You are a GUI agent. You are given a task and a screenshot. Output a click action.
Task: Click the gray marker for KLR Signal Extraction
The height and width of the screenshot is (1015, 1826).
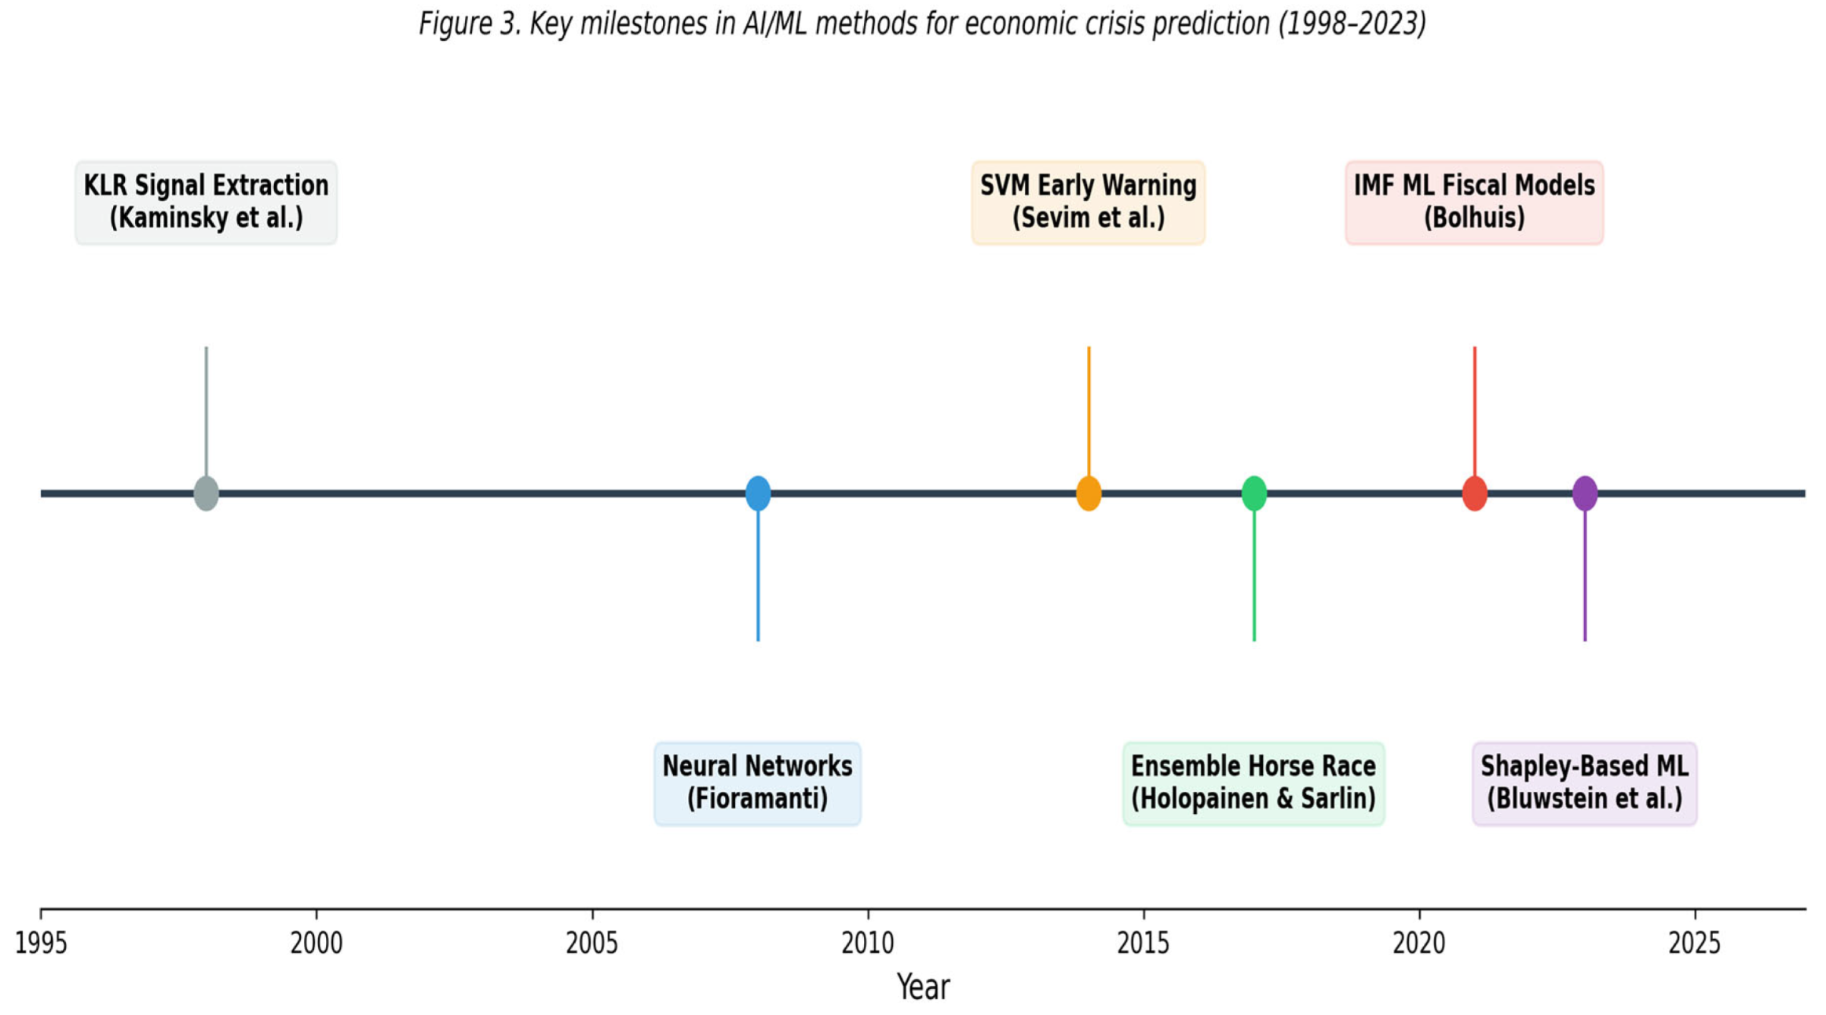pos(206,493)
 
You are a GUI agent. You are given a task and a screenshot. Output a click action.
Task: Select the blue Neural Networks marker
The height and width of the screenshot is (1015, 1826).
pos(758,493)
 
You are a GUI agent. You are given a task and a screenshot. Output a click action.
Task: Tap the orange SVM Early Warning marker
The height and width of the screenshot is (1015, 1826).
pos(1089,493)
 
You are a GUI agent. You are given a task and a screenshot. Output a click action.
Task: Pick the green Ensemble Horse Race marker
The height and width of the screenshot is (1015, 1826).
pos(1254,493)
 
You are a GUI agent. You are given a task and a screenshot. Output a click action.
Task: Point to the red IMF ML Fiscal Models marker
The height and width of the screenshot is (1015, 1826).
pos(1475,493)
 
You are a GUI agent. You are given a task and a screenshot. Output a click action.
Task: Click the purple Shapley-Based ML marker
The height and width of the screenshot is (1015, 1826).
pos(1585,493)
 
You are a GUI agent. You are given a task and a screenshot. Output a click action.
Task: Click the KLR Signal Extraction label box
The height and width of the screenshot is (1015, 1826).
pos(206,203)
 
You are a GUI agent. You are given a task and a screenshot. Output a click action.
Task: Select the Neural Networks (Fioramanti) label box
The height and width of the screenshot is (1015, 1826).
pos(758,783)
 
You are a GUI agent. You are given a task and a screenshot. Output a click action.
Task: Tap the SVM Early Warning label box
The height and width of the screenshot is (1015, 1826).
pos(1089,203)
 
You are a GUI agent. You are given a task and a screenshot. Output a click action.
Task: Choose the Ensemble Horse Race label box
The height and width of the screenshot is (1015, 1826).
pos(1253,783)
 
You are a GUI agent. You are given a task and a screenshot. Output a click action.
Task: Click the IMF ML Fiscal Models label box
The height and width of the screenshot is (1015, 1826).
pos(1474,203)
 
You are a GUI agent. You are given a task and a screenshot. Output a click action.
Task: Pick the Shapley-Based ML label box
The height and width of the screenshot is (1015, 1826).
pos(1585,783)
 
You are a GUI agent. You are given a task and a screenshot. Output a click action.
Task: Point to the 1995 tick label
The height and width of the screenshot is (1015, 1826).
pos(41,944)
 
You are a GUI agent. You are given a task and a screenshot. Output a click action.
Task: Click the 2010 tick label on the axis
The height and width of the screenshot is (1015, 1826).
pos(868,944)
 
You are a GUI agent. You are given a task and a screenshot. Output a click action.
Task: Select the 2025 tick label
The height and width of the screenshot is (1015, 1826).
pos(1695,944)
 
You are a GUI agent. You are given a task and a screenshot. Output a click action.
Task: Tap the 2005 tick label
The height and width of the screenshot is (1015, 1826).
pos(592,944)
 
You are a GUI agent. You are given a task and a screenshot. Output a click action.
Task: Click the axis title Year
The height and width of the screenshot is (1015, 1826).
pos(924,988)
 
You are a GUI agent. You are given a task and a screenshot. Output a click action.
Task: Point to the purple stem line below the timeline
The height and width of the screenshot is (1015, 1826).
pos(1585,576)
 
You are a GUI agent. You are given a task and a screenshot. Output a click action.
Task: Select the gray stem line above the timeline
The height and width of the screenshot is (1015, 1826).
pos(206,411)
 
